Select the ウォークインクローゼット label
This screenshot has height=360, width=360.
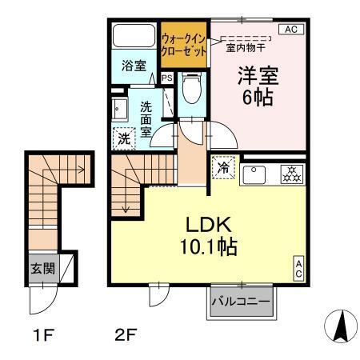(184, 44)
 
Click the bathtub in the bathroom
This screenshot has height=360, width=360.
(133, 36)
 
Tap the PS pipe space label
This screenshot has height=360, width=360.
(167, 78)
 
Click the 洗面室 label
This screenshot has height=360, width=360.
(146, 121)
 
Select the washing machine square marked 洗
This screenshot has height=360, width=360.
(124, 138)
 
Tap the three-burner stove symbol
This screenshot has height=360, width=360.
(291, 174)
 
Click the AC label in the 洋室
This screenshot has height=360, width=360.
(290, 29)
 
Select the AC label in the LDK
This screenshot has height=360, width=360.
(298, 269)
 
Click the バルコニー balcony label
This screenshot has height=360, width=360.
(242, 302)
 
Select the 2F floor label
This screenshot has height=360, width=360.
(125, 335)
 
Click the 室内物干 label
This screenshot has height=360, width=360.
(246, 46)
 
